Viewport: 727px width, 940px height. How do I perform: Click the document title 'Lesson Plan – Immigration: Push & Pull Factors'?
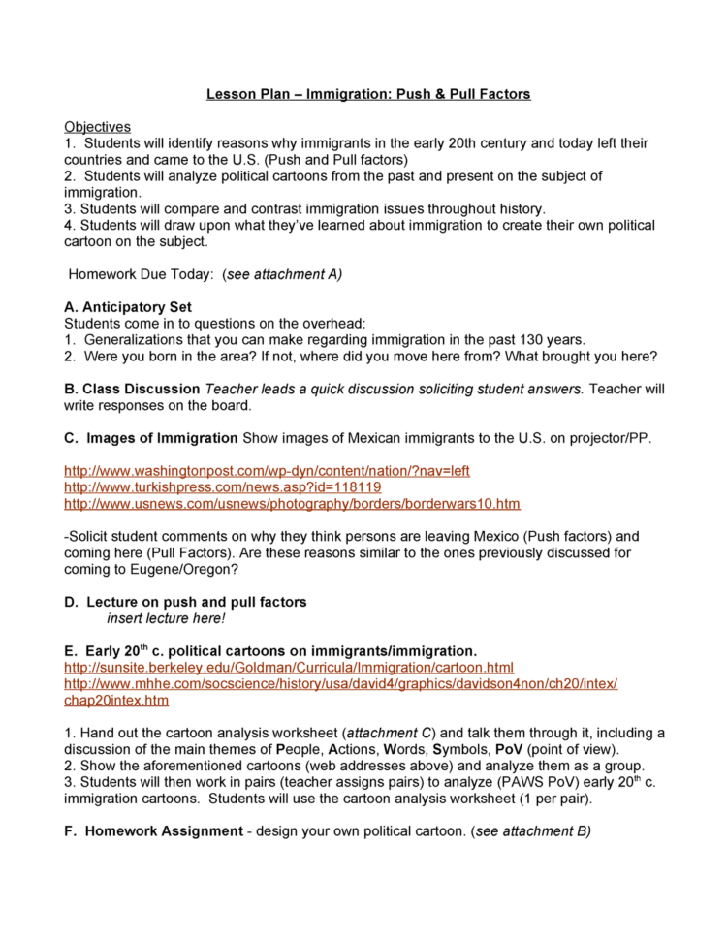click(368, 94)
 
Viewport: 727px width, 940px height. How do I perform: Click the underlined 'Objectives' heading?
click(97, 127)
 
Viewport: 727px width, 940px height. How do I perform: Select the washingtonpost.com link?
click(267, 471)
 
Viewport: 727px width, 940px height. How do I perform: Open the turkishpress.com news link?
click(222, 487)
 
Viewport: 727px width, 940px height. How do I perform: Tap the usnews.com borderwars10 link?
click(292, 504)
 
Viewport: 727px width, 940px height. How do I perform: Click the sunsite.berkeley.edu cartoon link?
click(289, 668)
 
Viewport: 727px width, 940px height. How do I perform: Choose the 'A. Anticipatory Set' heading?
click(128, 307)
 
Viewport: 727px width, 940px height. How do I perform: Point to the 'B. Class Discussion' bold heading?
click(132, 389)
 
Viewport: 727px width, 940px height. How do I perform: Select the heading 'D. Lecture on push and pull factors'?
click(185, 602)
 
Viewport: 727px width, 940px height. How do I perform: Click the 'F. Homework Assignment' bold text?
click(153, 831)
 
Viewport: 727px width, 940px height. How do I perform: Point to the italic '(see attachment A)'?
click(281, 274)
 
